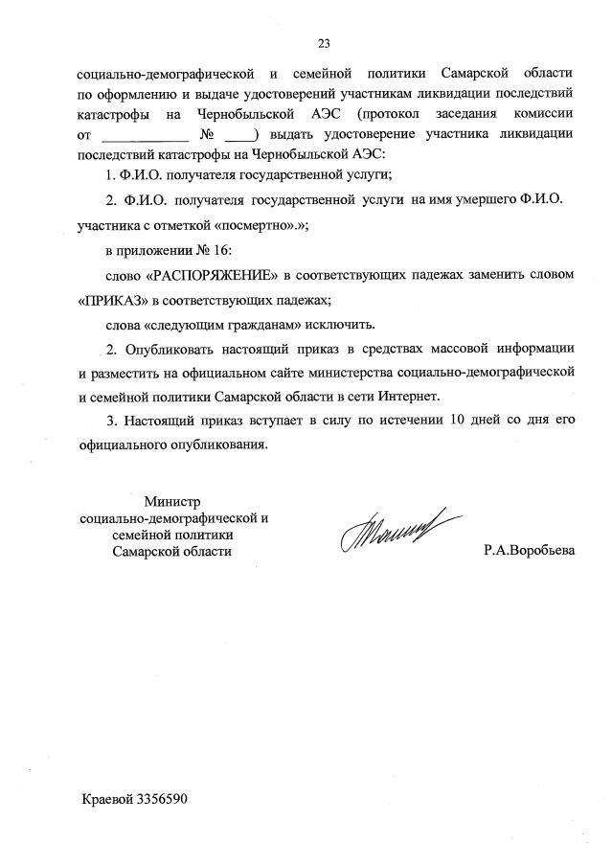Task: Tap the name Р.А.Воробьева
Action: (x=529, y=553)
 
